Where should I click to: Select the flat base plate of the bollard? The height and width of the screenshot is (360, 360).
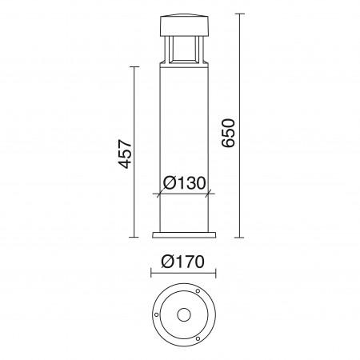(x=183, y=234)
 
